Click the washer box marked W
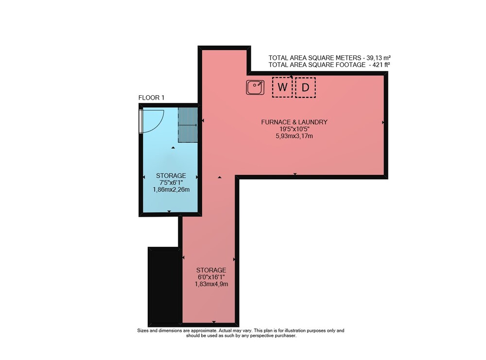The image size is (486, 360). point(282,87)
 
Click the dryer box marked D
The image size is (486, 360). point(305,87)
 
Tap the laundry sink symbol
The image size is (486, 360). point(255,87)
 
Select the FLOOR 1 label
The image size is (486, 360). point(151,98)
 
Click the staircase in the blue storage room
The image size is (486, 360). point(188,125)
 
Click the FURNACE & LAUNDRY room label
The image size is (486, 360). point(294,122)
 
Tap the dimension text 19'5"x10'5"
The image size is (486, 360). point(294,129)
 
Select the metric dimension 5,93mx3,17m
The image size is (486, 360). point(294,136)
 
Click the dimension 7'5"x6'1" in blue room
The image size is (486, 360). point(171,183)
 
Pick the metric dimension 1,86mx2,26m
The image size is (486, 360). point(171,189)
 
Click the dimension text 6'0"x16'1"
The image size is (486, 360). point(211,277)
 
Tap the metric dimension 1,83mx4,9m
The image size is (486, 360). point(211,284)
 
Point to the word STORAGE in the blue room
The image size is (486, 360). point(171,176)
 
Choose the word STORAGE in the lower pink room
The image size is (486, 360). point(211,270)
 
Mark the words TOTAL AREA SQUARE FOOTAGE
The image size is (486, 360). point(317,65)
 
